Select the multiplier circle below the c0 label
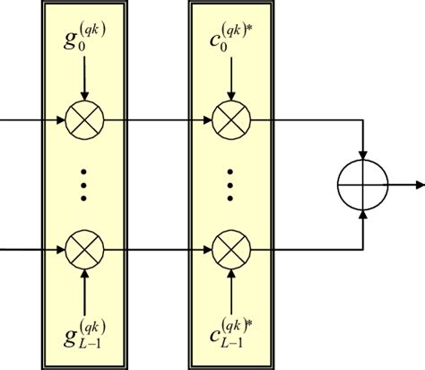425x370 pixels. coord(231,117)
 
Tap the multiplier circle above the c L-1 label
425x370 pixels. coord(231,246)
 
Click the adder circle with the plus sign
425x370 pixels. coord(361,183)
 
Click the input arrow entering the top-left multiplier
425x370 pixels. coord(32,117)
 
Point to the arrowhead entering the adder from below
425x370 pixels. coord(361,213)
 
